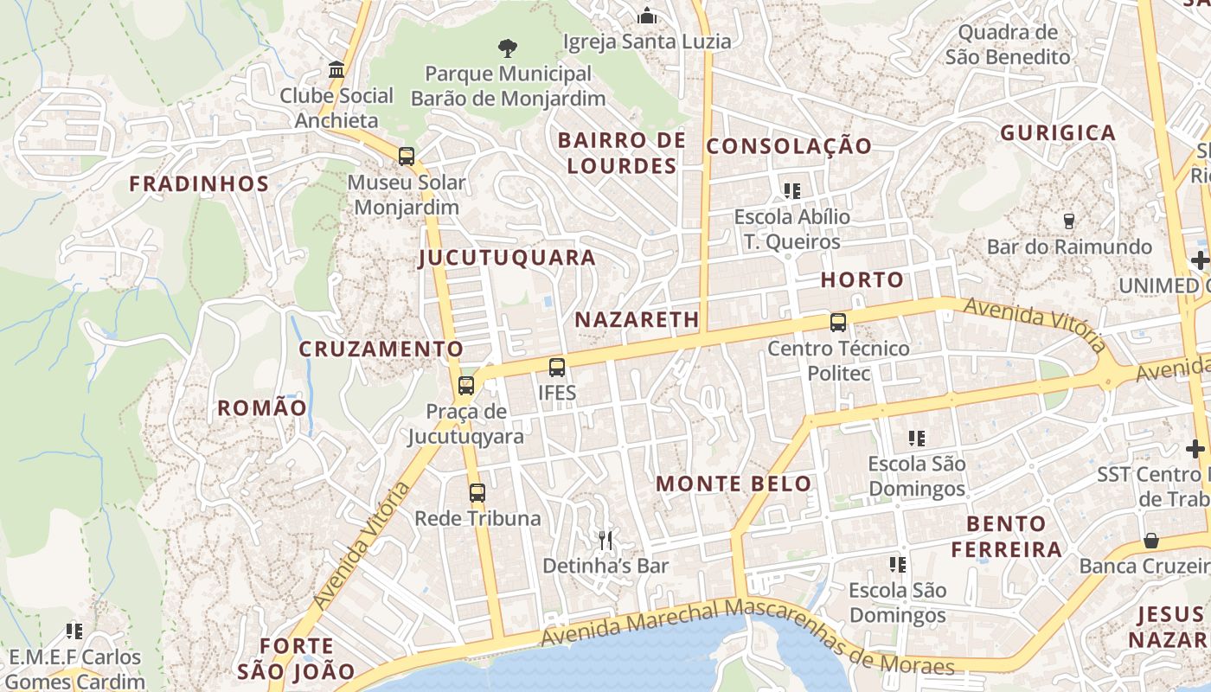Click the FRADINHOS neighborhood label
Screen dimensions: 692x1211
[x=199, y=183]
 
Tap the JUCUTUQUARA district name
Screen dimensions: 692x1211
[x=507, y=258]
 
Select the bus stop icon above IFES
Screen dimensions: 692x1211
[x=557, y=367]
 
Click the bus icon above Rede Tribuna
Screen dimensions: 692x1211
[x=477, y=493]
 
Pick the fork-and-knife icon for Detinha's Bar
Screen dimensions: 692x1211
[x=605, y=541]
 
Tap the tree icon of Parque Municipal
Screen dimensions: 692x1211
[x=508, y=48]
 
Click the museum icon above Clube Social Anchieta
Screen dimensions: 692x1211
[x=336, y=69]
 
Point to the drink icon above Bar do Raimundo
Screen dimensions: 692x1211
[x=1068, y=221]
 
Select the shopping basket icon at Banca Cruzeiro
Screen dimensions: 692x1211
[x=1151, y=541]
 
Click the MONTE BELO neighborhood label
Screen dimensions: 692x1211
[x=734, y=484]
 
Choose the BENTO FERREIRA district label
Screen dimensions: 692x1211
[x=1007, y=536]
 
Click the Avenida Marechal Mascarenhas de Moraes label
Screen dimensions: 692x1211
[x=747, y=637]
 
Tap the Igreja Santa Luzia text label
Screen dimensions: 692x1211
[x=646, y=41]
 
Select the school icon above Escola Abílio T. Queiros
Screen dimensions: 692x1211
[x=791, y=190]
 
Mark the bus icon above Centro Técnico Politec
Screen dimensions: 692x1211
[x=837, y=323]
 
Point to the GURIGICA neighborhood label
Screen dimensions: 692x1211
[x=1058, y=133]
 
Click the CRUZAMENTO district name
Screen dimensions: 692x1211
[x=381, y=349]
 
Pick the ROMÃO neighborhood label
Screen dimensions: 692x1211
[x=261, y=408]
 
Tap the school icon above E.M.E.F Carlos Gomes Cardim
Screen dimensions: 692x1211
[x=74, y=631]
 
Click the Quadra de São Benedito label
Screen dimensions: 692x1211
[x=1008, y=45]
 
